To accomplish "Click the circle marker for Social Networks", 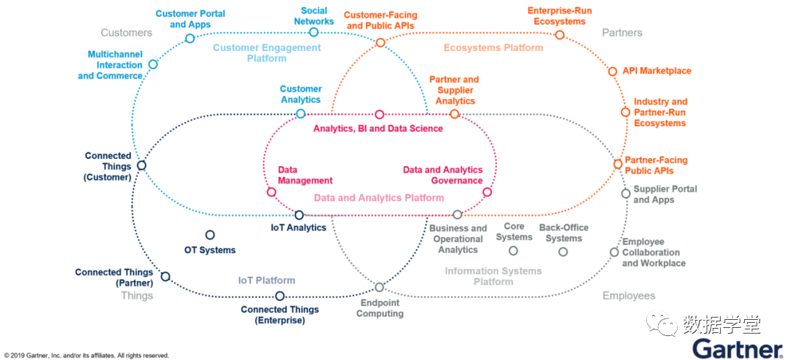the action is [x=313, y=32].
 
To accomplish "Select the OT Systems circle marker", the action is [x=211, y=235].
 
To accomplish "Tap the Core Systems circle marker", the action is [x=513, y=251].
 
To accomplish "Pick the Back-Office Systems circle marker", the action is [x=563, y=251].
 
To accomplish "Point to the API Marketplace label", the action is [x=657, y=71].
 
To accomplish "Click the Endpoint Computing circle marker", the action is [x=380, y=287].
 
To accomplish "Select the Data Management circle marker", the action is [x=272, y=192].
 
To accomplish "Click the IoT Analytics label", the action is [x=299, y=227].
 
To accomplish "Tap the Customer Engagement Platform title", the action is [x=267, y=52].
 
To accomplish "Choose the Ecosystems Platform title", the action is [x=493, y=47].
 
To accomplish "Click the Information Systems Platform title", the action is [x=493, y=276].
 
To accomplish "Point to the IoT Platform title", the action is [x=267, y=280].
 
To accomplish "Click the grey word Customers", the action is [x=127, y=33].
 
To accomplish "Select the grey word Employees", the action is [x=629, y=296].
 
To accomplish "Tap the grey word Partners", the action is [x=622, y=33].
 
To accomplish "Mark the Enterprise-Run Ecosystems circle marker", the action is [x=560, y=35].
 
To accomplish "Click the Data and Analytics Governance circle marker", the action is [x=487, y=192].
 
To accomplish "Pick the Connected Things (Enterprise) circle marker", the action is [x=280, y=296].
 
